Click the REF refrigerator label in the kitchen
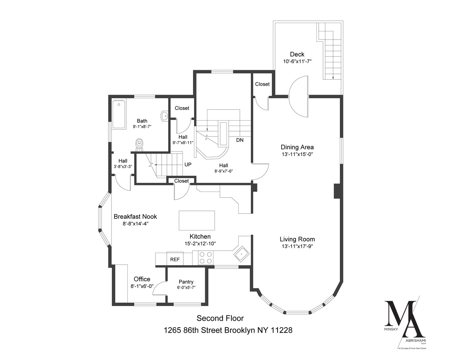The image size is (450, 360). [175, 259]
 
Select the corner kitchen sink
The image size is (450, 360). [240, 254]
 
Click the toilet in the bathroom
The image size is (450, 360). [139, 144]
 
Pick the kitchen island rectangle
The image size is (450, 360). [197, 220]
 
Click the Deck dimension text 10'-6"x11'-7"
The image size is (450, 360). [297, 62]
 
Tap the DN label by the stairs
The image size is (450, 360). [240, 140]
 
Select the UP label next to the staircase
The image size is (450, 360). [188, 165]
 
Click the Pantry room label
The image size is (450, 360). [186, 282]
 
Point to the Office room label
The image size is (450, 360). [142, 279]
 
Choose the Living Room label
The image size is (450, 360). [297, 239]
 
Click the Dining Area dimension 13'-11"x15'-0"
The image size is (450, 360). [297, 154]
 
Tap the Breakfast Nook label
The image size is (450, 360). [135, 216]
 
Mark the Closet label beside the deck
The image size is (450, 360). [262, 84]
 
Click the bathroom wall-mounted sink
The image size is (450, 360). [165, 116]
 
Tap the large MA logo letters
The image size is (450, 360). [402, 319]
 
